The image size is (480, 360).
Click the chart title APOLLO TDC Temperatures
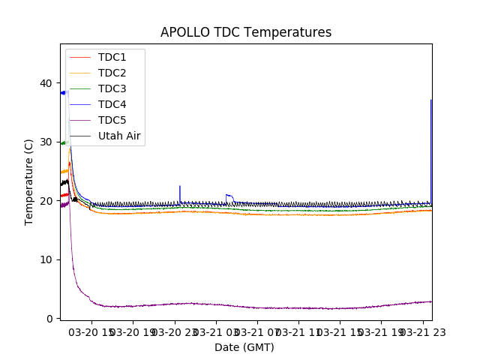point(246,32)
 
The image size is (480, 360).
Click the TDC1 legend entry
point(112,57)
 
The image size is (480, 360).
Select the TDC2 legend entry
point(112,73)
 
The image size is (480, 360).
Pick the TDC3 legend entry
point(112,88)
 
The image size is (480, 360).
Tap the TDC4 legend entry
point(112,104)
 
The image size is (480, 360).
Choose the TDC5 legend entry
point(112,120)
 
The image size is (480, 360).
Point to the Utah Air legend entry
point(119,136)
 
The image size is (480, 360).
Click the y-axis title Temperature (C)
point(29,181)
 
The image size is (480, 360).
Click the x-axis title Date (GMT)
point(244,347)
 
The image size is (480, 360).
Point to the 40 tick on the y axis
point(46,83)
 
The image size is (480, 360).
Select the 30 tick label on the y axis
point(46,142)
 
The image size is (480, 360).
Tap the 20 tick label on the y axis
point(46,201)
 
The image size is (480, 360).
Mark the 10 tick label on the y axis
point(46,259)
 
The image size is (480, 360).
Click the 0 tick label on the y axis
point(49,319)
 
